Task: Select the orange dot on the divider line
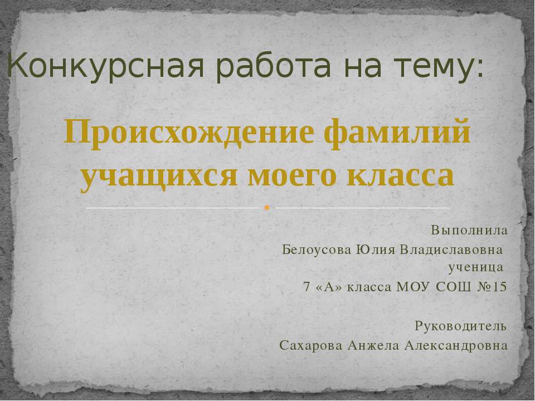click(267, 208)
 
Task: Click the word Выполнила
click(469, 229)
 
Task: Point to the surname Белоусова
click(316, 248)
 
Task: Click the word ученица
click(475, 268)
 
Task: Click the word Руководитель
click(461, 325)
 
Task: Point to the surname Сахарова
click(310, 345)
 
